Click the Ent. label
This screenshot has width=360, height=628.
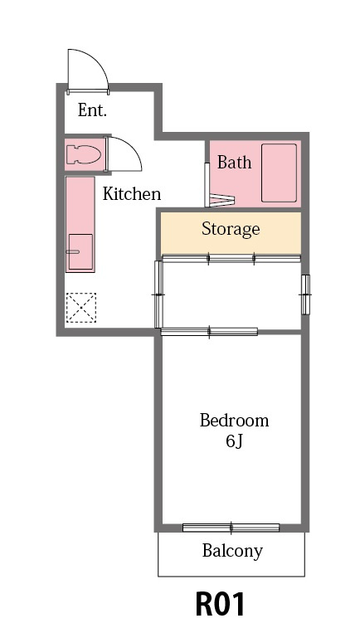[x=92, y=110]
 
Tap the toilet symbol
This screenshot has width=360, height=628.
[x=83, y=154]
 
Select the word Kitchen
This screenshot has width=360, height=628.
[x=132, y=194]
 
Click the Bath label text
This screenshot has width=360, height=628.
[x=234, y=163]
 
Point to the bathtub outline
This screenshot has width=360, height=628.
[x=279, y=173]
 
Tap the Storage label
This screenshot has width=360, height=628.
[x=231, y=229]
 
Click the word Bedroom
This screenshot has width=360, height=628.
[x=234, y=421]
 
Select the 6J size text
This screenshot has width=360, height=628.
[x=234, y=441]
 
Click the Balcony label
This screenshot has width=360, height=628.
[x=232, y=551]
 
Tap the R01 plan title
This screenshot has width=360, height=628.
[x=220, y=604]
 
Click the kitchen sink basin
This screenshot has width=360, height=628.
[x=80, y=252]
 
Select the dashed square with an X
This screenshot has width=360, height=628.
[x=81, y=308]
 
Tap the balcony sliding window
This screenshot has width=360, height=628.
[x=231, y=528]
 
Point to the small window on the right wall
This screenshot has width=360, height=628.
[x=305, y=295]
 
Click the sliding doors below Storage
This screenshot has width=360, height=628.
[x=231, y=259]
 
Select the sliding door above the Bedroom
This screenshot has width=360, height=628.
[x=209, y=332]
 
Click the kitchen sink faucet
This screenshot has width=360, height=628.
[x=72, y=252]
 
